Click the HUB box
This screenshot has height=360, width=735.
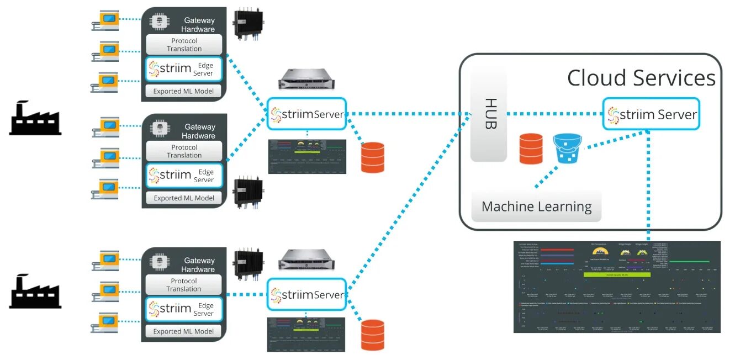488,114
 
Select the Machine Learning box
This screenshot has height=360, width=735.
536,207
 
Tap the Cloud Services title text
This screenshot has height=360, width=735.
641,78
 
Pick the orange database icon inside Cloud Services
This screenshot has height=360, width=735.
531,149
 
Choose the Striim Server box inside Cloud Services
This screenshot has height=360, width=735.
651,114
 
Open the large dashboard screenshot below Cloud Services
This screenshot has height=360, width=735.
617,287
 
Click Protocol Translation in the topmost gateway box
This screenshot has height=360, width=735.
184,45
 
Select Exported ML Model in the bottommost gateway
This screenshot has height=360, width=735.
183,331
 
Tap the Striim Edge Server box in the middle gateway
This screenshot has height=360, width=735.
184,176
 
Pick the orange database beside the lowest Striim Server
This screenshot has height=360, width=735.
372,335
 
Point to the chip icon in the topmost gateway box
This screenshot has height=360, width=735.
160,22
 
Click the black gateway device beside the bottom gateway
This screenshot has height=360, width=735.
248,263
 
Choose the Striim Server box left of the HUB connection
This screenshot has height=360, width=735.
306,114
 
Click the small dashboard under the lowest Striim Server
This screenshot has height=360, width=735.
306,335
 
